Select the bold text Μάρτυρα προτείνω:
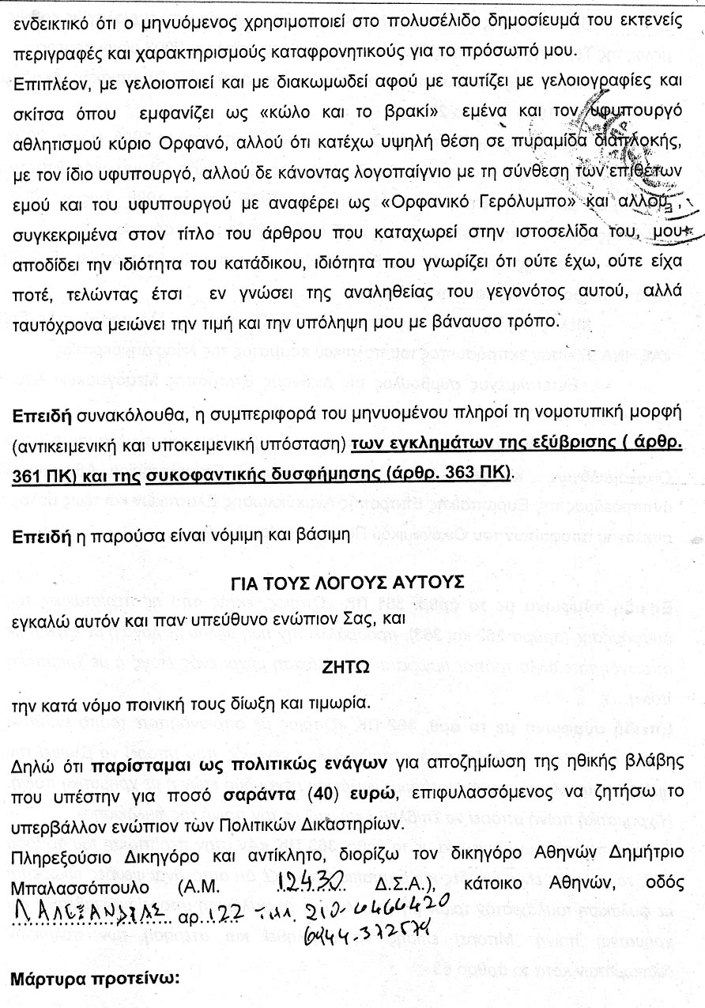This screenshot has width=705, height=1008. (96, 979)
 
